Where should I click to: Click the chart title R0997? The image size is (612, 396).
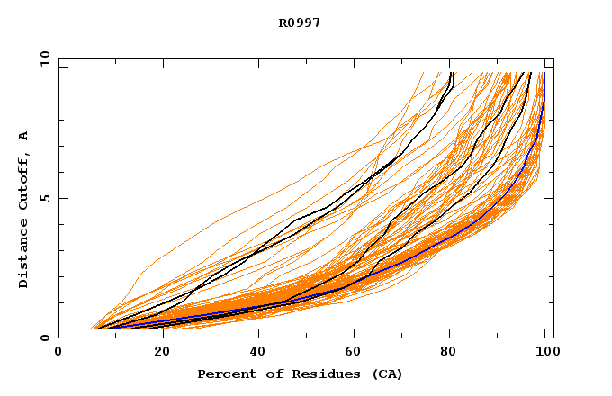(x=300, y=22)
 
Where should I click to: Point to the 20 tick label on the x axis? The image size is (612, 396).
(x=157, y=353)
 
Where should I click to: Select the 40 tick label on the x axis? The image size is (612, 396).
(x=255, y=353)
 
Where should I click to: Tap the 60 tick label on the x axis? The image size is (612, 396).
(x=352, y=353)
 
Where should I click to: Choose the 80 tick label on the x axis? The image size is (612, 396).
(x=450, y=353)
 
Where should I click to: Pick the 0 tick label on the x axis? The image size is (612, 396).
(x=58, y=353)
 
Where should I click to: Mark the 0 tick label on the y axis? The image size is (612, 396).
(x=45, y=338)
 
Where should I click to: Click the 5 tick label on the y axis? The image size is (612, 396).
(x=45, y=198)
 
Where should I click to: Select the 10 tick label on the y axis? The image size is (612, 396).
(x=43, y=58)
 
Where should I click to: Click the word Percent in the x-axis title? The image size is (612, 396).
(x=223, y=373)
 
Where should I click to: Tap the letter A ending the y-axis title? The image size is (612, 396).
(x=24, y=136)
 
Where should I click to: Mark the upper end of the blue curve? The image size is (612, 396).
(x=544, y=74)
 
